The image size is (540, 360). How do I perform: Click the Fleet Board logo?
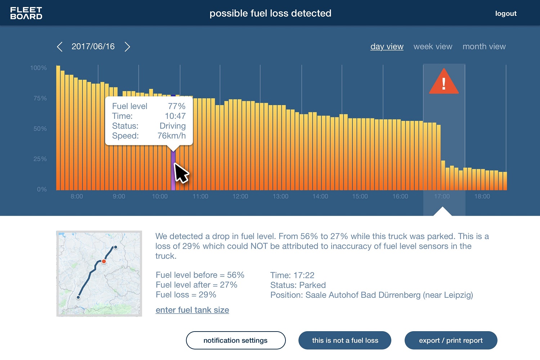(x=26, y=13)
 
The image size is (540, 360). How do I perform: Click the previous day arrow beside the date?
(x=60, y=47)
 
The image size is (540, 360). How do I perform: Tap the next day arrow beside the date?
(x=127, y=47)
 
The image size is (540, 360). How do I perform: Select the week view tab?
(x=433, y=47)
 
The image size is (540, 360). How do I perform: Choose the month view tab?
(x=484, y=47)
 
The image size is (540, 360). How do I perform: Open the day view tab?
(x=387, y=47)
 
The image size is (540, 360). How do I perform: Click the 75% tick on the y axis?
(x=40, y=98)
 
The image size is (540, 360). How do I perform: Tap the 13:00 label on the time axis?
(x=280, y=197)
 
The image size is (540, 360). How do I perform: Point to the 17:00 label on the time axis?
(x=442, y=197)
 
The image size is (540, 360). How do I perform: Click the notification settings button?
(x=235, y=341)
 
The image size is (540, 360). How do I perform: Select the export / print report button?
(x=451, y=341)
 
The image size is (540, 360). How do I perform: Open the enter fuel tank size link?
(x=192, y=310)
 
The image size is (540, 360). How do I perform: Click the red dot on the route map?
(x=104, y=261)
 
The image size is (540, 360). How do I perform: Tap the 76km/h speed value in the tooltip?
(x=171, y=136)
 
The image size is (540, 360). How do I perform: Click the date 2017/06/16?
(x=93, y=47)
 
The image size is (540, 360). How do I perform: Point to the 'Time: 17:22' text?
(x=292, y=275)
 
